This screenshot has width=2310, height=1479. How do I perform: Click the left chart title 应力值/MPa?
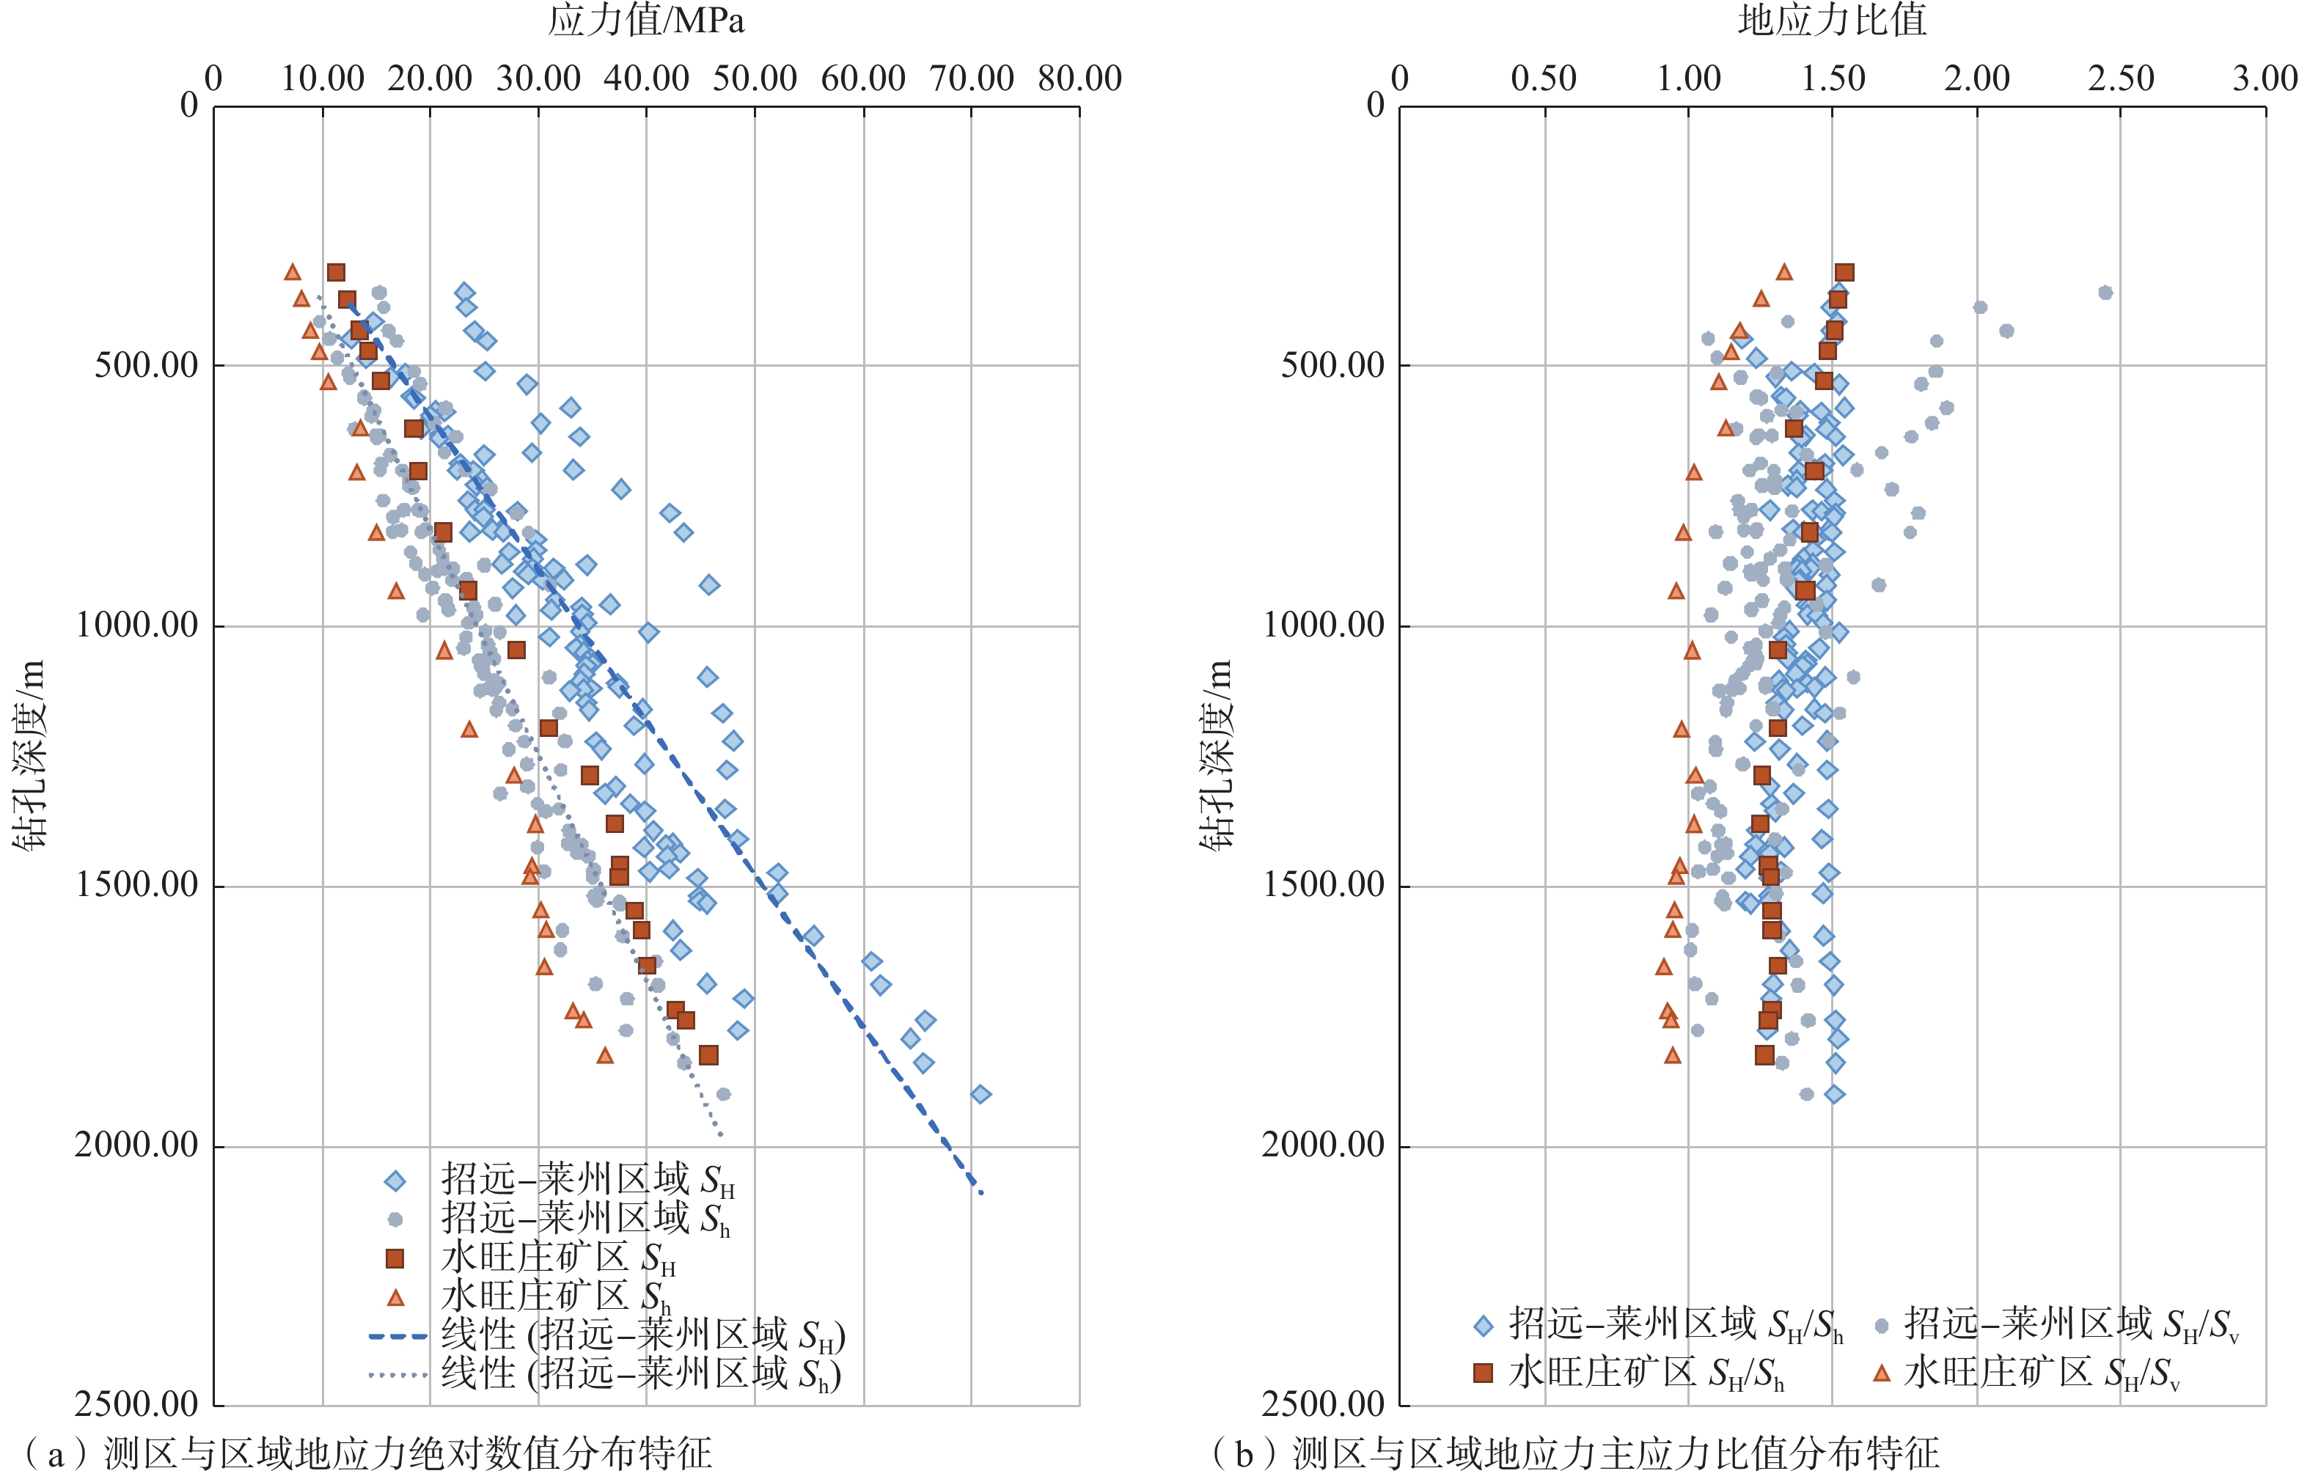(x=645, y=21)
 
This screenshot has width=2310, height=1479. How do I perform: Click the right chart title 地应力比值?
(x=1832, y=21)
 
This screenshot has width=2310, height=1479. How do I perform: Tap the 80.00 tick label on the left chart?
(x=1079, y=78)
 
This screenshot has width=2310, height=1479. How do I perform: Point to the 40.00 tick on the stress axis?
(x=645, y=78)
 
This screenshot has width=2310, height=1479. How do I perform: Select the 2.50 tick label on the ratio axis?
(x=2121, y=78)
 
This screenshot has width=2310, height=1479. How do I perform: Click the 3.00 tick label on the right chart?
(x=2265, y=78)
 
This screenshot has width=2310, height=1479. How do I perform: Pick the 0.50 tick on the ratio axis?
(x=1544, y=78)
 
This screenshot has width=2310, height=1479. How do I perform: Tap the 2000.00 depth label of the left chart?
(x=136, y=1145)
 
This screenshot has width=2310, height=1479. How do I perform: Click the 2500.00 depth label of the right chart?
(x=1324, y=1405)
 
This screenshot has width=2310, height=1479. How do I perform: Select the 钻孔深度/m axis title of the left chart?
(x=31, y=755)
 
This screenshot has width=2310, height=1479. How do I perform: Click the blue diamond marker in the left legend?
(x=395, y=1181)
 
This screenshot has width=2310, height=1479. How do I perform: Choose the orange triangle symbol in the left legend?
(x=395, y=1297)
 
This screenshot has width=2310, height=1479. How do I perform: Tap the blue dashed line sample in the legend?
(x=397, y=1336)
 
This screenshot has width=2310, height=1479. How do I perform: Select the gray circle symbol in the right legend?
(x=1882, y=1326)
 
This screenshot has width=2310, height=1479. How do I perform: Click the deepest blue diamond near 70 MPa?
(x=980, y=1094)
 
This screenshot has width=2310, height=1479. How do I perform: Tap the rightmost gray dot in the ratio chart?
(x=2105, y=292)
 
